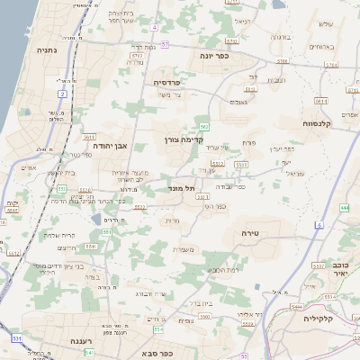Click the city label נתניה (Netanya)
tap(46, 50)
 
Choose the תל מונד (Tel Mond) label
tap(182, 189)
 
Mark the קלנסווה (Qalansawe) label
tap(319, 123)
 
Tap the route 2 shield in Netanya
tap(62, 93)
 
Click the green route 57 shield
tap(165, 47)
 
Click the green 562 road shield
tap(205, 127)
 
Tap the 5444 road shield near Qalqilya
tap(297, 307)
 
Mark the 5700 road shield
tap(282, 61)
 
